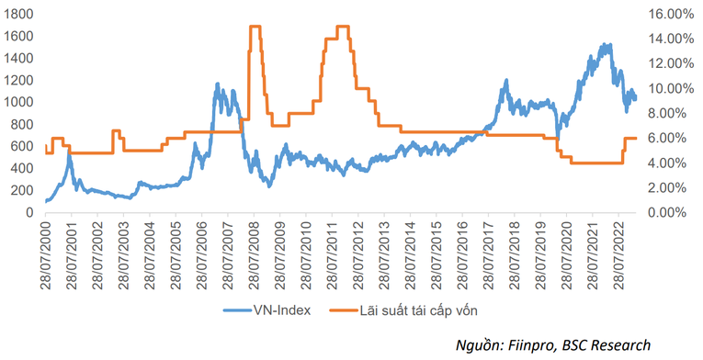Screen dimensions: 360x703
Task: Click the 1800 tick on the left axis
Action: click(x=19, y=15)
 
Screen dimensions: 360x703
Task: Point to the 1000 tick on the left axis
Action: click(x=19, y=102)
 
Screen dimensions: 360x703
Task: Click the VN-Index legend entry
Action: click(x=280, y=309)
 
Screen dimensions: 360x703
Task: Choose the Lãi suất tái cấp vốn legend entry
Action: click(x=424, y=309)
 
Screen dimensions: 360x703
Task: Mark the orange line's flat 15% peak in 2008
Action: click(x=255, y=27)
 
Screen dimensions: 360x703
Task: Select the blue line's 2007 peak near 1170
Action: click(x=218, y=84)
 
